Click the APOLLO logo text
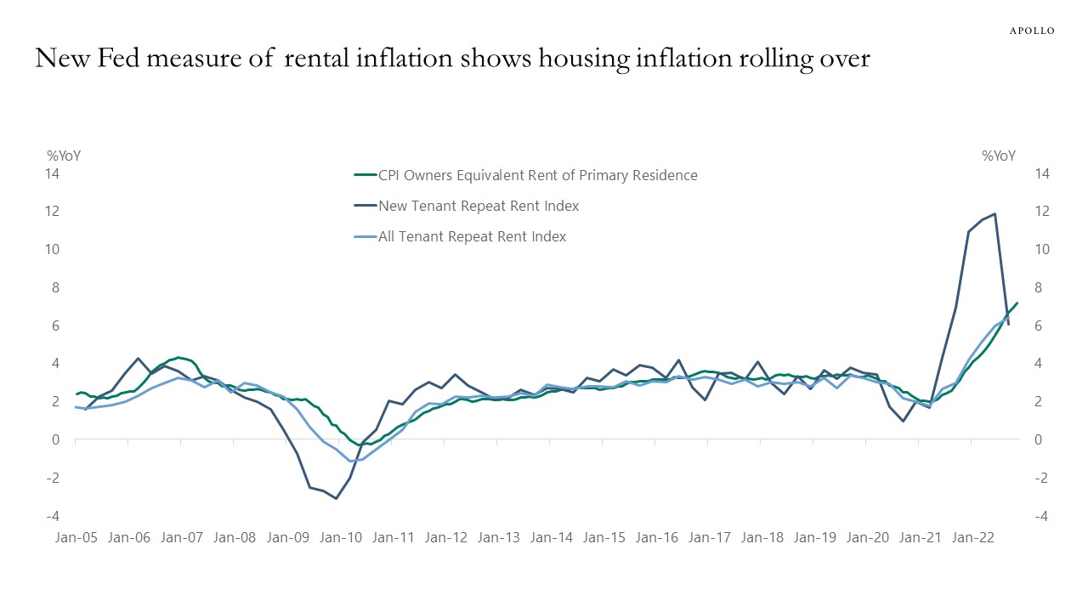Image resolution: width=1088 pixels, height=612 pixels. point(1031,31)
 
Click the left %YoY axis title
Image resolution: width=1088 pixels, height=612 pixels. point(64,156)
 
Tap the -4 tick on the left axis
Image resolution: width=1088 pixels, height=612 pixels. point(52,517)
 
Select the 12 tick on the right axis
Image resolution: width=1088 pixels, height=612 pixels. point(1042,211)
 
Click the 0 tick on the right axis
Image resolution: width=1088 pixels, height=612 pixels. point(1038,439)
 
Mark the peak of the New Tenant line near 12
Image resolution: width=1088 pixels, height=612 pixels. point(994,214)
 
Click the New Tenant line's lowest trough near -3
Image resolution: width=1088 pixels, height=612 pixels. point(337,498)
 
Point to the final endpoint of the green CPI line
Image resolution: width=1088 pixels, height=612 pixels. point(1017,303)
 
